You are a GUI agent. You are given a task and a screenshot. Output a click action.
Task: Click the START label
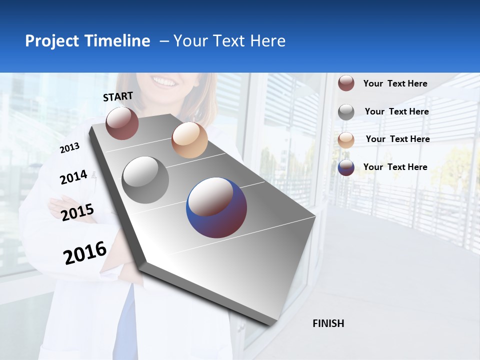[x=118, y=96]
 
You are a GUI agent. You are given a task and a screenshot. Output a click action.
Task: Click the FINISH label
[x=328, y=323]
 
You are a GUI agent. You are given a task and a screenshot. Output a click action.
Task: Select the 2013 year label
[x=70, y=148]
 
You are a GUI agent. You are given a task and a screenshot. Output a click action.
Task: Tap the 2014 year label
[x=73, y=177]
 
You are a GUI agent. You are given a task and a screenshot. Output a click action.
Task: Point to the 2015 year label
[x=77, y=212]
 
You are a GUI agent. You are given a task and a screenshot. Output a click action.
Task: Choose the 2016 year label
[x=85, y=252]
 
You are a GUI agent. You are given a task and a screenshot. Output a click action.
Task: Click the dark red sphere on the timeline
[x=122, y=123]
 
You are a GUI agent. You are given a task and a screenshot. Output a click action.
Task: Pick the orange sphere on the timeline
[x=189, y=140]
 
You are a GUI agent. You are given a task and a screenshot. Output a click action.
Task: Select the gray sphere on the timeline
[x=145, y=180]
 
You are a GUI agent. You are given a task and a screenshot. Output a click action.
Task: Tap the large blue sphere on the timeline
[x=216, y=207]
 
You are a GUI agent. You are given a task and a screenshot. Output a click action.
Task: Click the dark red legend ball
[x=346, y=83]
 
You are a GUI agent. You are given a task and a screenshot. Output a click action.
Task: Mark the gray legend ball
[x=346, y=112]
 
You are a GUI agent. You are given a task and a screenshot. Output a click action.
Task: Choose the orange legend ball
[x=346, y=140]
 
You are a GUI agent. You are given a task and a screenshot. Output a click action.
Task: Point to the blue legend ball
[x=346, y=167]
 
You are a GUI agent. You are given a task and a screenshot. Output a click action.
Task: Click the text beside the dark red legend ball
[x=395, y=83]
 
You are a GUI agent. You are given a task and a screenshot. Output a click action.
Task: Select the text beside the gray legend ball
[x=396, y=111]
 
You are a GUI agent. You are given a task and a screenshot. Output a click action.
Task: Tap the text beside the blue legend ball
[x=395, y=167]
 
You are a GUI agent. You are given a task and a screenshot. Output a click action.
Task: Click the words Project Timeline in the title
[x=87, y=41]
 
